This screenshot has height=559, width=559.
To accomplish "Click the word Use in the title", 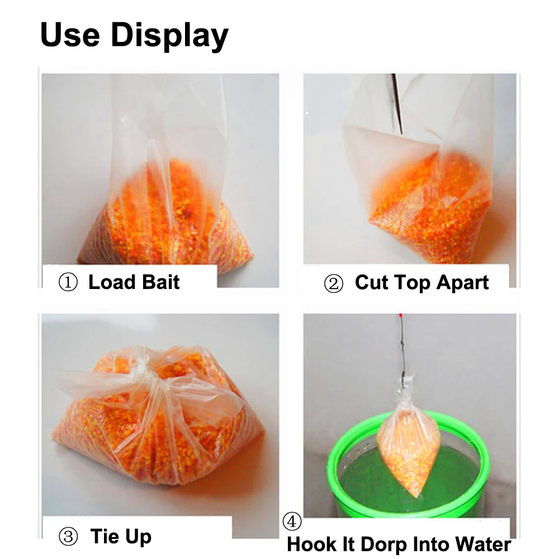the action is [70, 34].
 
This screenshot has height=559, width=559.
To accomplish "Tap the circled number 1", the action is [68, 283].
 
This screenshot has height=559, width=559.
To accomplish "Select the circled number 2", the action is [333, 284].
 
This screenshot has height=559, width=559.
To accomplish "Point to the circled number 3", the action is [68, 537].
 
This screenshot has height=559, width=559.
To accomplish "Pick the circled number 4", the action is [292, 522].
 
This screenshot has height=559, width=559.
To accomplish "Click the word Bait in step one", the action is [161, 282].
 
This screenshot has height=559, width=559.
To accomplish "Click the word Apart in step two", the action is [463, 283].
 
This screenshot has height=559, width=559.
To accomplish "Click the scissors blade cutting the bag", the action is [397, 103].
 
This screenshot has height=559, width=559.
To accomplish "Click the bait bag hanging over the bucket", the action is [409, 447].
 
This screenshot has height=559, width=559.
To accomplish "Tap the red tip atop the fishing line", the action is [401, 316].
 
